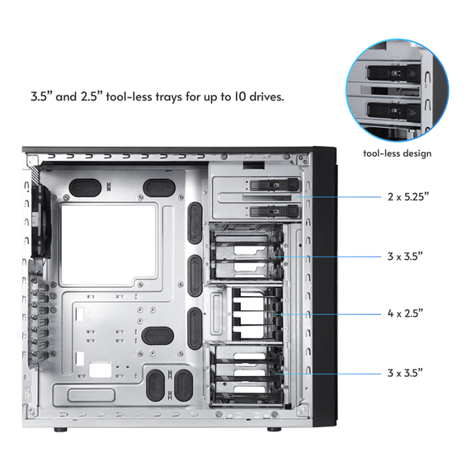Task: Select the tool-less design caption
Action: click(397, 153)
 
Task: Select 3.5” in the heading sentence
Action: click(42, 96)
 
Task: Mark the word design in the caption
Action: click(415, 153)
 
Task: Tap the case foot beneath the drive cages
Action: click(273, 429)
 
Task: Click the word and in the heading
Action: click(66, 96)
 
